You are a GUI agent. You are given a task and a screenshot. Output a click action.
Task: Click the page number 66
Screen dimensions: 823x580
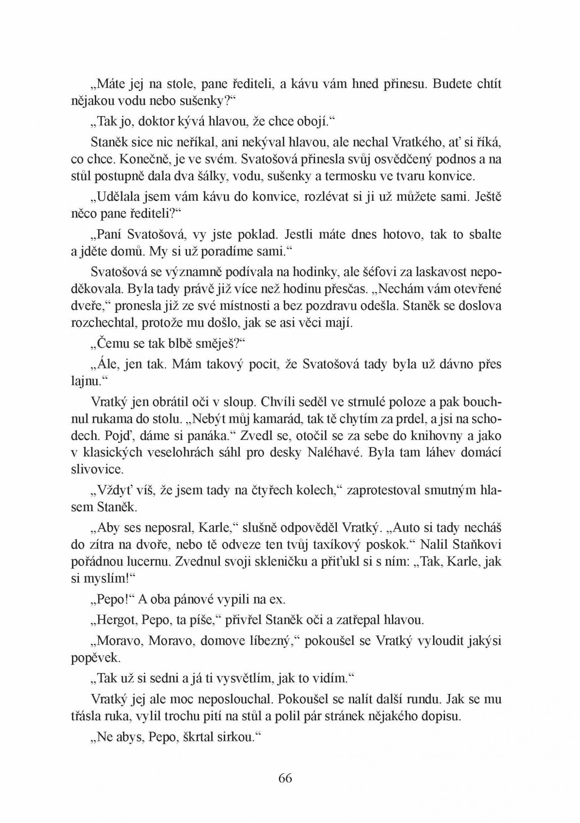(285, 778)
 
